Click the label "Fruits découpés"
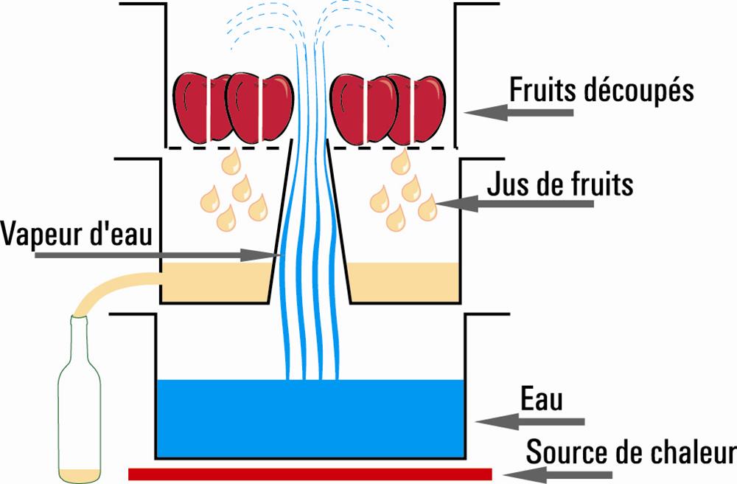coord(601,91)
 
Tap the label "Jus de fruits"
coord(560,184)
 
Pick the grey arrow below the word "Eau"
coord(530,421)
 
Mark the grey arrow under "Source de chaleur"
coord(567,473)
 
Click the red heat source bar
coord(310,473)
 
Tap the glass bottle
coord(80,398)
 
